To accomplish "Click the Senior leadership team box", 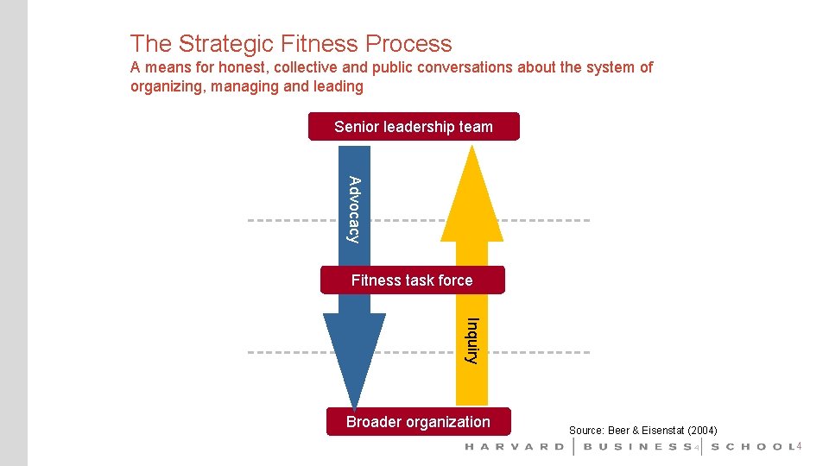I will [414, 127].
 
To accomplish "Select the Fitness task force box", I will [412, 280].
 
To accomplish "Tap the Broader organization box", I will [418, 422].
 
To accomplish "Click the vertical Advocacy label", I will [354, 209].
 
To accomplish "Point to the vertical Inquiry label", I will [471, 341].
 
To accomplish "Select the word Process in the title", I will [408, 44].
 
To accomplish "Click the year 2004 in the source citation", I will [701, 430].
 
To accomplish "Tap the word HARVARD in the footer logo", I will [515, 447].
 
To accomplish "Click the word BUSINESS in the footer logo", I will [637, 447].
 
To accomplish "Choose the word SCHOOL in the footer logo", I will [750, 447].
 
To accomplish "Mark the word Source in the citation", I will [585, 430].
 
